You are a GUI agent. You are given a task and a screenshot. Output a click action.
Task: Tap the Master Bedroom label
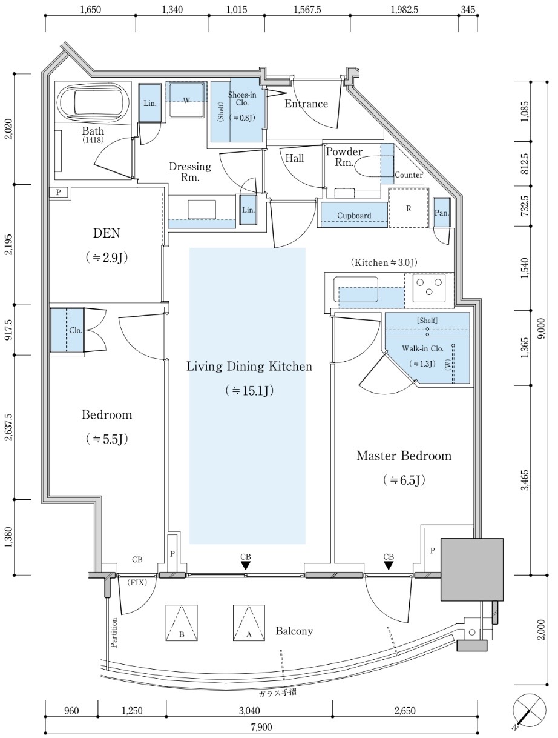tap(404, 456)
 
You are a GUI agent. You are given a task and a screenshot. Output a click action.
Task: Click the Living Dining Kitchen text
tap(249, 367)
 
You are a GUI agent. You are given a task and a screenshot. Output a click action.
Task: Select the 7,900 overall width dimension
tap(261, 728)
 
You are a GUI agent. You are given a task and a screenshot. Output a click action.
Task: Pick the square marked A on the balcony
tap(249, 623)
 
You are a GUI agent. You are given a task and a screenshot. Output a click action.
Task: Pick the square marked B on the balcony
tap(182, 623)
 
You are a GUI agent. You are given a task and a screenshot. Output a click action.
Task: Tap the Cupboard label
tap(354, 216)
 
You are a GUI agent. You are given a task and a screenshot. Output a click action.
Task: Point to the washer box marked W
tap(186, 100)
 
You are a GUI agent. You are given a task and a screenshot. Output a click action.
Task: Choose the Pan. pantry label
tap(441, 213)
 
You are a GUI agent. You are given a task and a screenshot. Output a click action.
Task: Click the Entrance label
tap(306, 104)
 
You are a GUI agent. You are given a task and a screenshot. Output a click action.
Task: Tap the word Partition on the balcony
tap(114, 631)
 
